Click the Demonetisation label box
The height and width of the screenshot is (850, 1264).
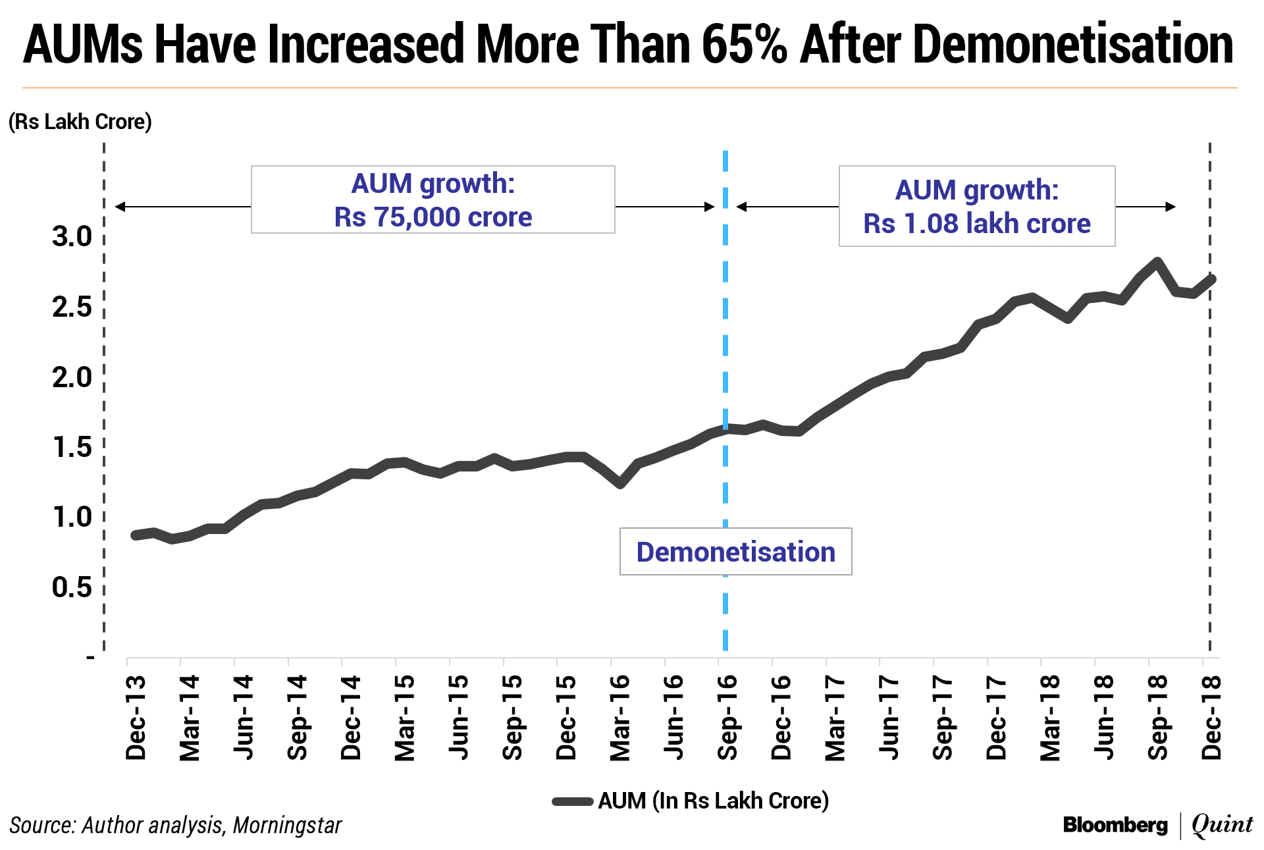735,552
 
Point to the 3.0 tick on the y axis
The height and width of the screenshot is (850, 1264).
72,237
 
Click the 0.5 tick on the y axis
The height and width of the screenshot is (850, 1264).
72,587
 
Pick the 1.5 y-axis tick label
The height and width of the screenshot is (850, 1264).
72,448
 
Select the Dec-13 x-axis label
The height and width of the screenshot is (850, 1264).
136,718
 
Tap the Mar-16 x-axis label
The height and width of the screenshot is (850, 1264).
620,718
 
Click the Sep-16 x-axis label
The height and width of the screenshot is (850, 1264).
727,718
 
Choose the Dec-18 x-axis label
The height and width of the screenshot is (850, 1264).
1211,718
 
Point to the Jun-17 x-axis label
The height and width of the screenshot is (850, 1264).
889,718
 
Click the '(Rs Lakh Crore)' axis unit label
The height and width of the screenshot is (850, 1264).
80,122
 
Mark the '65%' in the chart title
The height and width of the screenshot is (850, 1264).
744,45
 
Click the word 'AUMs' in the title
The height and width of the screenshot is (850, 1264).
83,45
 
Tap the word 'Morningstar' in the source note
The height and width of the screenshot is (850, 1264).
288,826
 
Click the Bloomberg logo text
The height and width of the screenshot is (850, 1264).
1115,825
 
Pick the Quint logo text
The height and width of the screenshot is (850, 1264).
1223,824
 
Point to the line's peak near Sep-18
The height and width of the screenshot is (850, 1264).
1157,262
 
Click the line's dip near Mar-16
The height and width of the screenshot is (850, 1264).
619,484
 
